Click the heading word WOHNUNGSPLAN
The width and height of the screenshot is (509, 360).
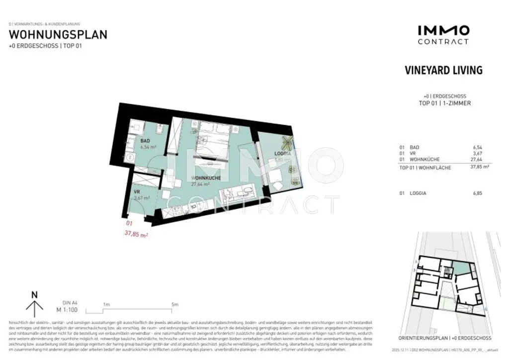58,35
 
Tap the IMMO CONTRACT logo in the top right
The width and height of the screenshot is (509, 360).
443,34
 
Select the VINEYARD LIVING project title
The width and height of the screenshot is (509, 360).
443,70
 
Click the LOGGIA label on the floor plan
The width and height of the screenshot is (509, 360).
282,154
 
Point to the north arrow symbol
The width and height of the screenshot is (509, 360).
34,304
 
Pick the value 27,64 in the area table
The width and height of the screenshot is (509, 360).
476,160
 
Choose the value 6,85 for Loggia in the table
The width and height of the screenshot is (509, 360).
477,193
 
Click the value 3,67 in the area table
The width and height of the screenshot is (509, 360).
477,154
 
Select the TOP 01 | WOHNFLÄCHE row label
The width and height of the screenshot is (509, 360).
424,168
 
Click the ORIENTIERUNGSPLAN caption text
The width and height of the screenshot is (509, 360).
426,338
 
